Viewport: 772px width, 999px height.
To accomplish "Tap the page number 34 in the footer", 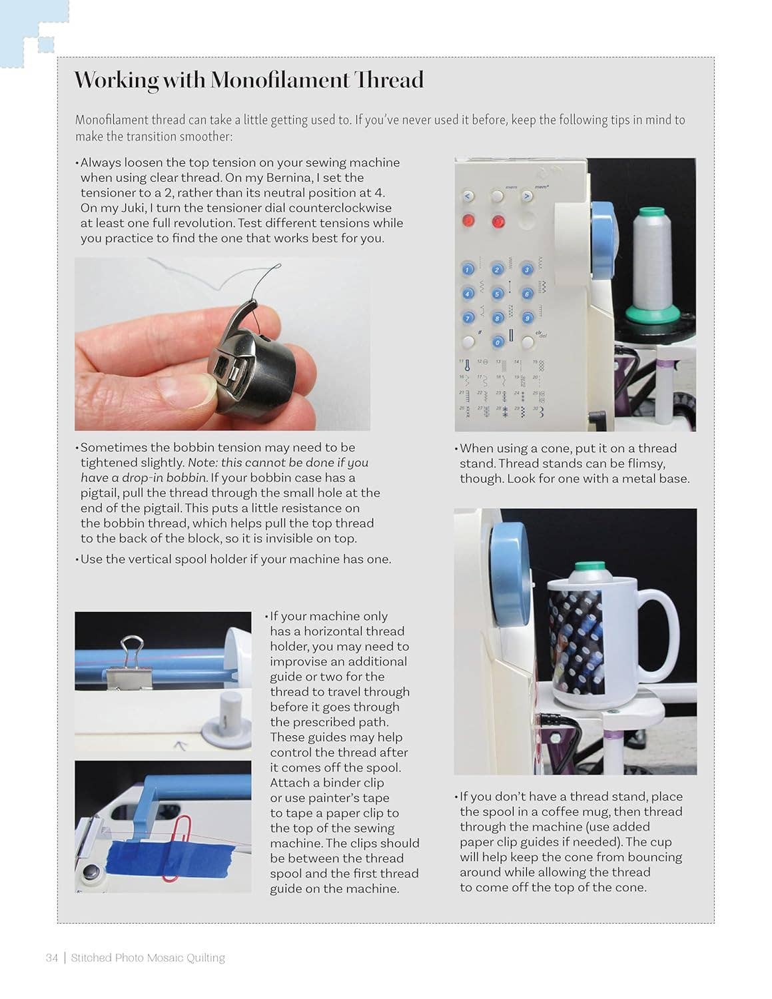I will tap(51, 958).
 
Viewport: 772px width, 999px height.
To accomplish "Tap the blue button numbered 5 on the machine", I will tap(497, 294).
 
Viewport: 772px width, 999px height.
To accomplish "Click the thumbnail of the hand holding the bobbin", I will tap(222, 344).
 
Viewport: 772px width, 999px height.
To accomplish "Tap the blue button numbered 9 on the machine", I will tap(527, 318).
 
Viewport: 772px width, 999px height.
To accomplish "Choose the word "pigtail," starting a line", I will tap(103, 493).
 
